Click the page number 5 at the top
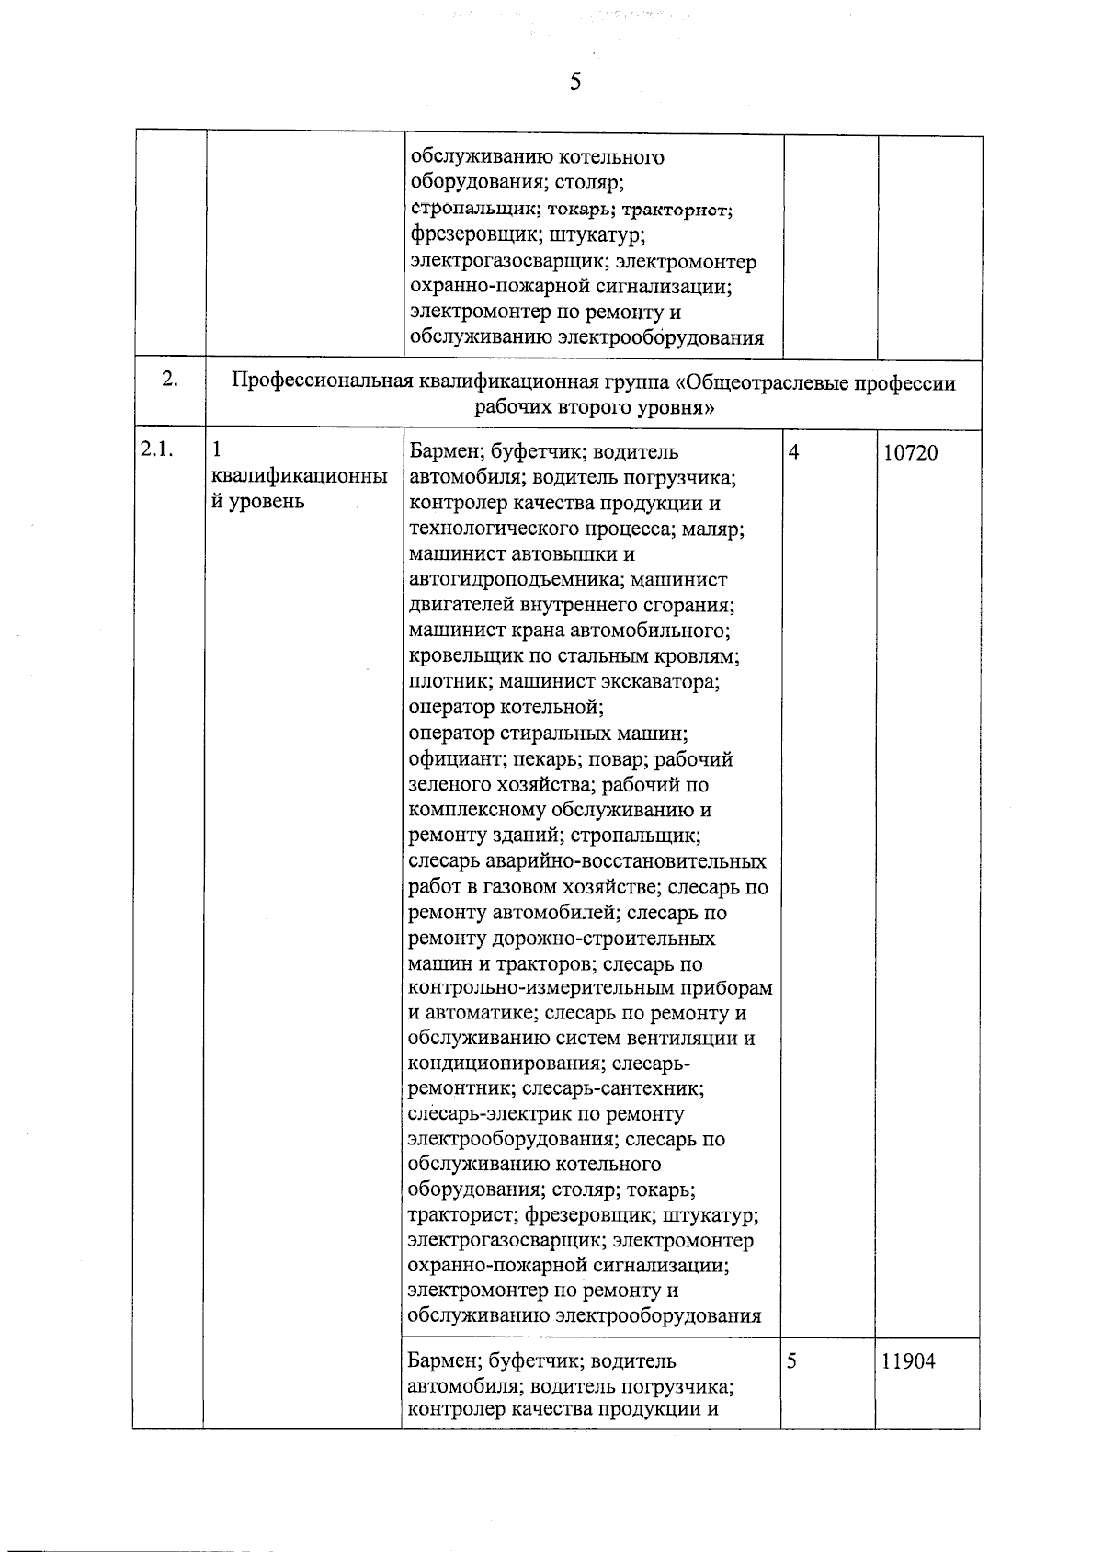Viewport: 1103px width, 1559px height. (575, 82)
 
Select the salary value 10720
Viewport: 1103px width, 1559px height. (910, 452)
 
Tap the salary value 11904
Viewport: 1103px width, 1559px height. (908, 1361)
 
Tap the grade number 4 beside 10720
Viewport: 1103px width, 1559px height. (793, 452)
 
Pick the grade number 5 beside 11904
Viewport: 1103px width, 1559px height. (792, 1361)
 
